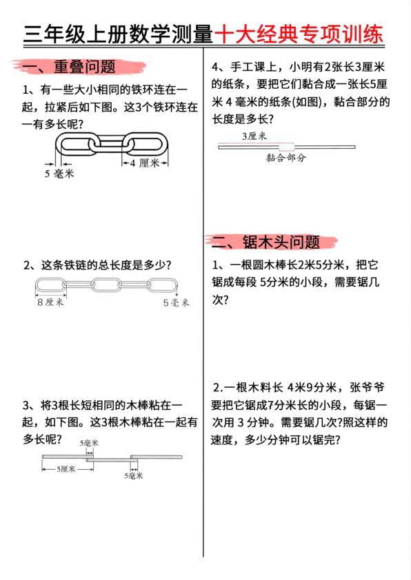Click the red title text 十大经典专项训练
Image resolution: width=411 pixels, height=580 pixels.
[x=298, y=35]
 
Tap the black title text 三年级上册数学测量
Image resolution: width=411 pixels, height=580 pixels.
[x=118, y=35]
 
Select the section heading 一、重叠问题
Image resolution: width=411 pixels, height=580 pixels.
[x=69, y=68]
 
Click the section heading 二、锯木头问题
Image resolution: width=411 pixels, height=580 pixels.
[x=266, y=242]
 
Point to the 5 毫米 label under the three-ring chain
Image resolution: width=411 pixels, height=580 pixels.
[x=59, y=173]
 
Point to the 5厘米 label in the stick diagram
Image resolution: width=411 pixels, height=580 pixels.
[x=67, y=469]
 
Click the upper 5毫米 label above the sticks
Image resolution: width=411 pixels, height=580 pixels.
[x=89, y=443]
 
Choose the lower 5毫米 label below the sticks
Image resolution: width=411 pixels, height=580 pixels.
[x=134, y=475]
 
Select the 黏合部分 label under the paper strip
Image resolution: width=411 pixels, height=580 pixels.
[x=285, y=157]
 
